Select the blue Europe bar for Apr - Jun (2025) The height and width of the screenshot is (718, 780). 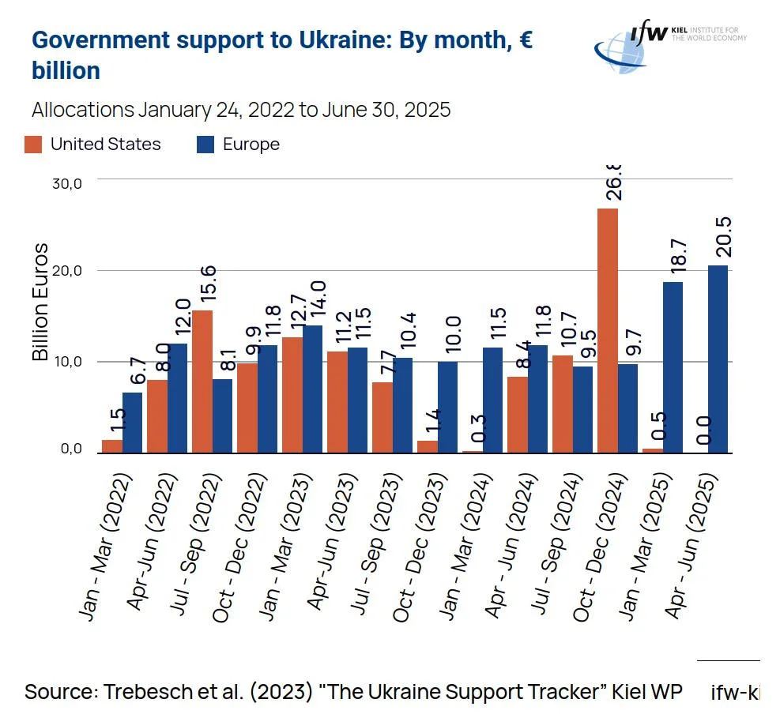click(x=718, y=359)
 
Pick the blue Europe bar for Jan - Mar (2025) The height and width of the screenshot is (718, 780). click(x=673, y=367)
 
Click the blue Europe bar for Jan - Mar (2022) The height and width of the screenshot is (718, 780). click(x=133, y=423)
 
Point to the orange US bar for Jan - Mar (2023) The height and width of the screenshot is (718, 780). click(x=292, y=395)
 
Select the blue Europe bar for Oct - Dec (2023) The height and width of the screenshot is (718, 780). click(x=447, y=407)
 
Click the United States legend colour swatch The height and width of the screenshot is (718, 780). click(x=34, y=145)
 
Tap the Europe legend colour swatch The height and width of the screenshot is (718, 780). click(x=205, y=145)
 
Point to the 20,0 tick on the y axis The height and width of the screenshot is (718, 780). click(x=66, y=271)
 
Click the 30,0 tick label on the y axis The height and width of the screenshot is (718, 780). click(x=66, y=184)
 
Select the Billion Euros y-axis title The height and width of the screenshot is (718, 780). click(x=40, y=302)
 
